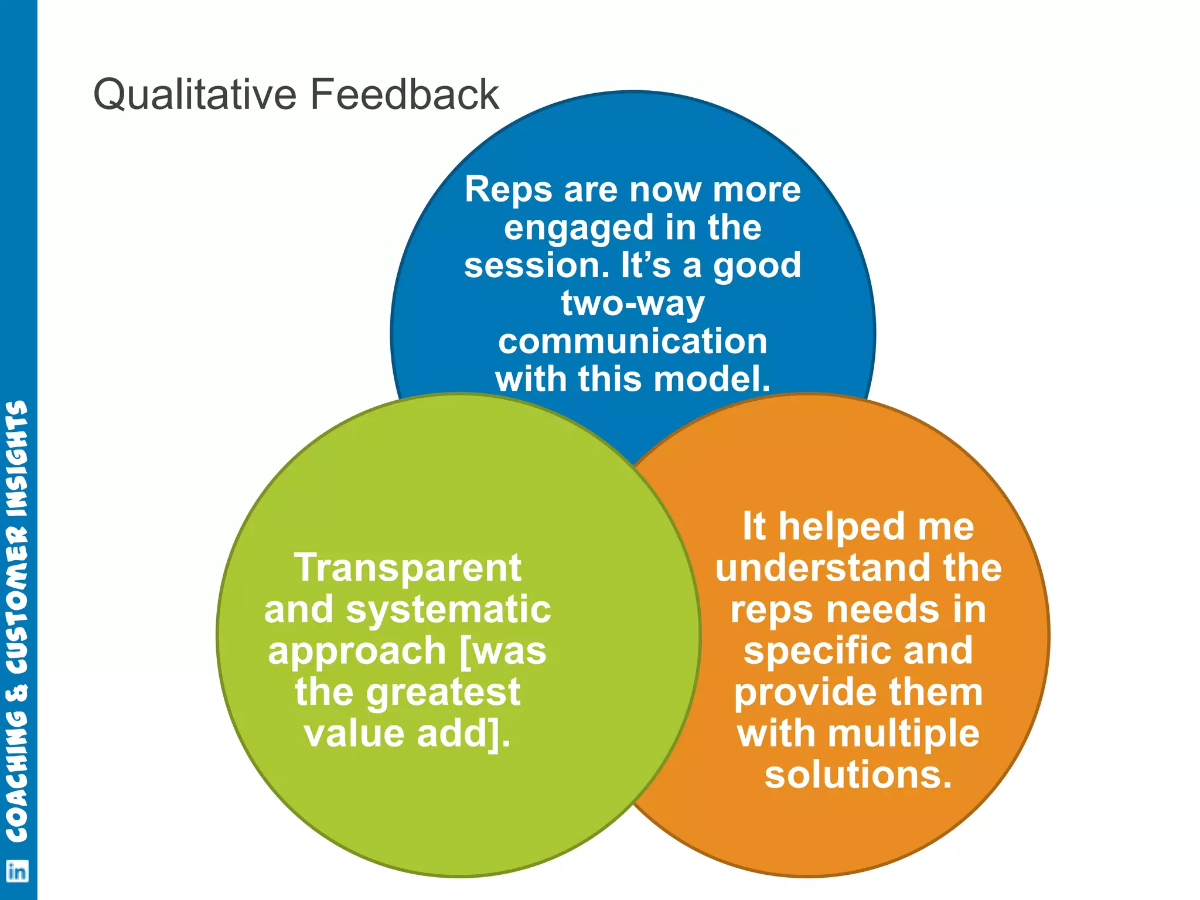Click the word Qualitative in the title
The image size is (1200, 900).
point(195,95)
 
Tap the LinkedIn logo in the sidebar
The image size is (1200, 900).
point(17,872)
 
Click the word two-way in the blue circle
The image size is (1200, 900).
point(633,304)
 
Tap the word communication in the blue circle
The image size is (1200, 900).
point(633,341)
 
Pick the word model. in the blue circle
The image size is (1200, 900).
point(711,379)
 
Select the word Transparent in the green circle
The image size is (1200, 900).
point(408,568)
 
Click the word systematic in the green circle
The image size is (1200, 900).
point(448,609)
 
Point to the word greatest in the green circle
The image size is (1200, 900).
point(443,693)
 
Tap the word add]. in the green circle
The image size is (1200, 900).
point(463,734)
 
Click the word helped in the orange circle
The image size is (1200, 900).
point(841,526)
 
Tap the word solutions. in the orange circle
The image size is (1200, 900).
point(858,775)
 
